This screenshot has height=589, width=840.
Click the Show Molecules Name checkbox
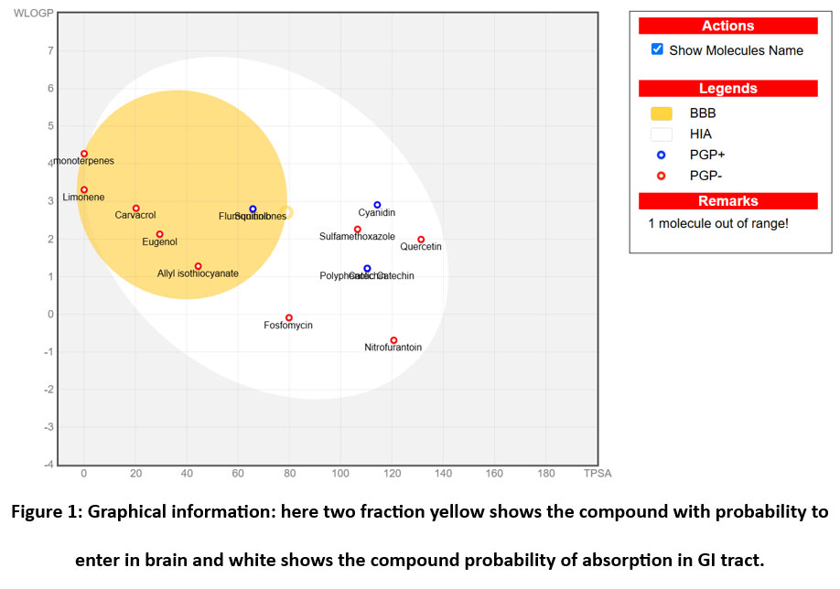[657, 49]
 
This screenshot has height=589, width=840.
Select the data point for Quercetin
[421, 240]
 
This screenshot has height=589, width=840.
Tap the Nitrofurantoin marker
[393, 340]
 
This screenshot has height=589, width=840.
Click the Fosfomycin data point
[289, 318]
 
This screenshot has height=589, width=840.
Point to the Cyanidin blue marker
[377, 205]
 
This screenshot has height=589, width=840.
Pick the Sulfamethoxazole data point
[358, 230]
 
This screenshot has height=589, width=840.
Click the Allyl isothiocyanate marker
[198, 266]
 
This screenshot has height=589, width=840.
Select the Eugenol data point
[159, 234]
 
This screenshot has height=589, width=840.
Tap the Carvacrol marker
[136, 209]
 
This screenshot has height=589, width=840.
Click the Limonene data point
[84, 190]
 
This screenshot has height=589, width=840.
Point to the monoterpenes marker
[84, 154]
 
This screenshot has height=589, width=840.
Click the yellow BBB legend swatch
[661, 113]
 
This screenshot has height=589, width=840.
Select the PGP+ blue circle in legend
[661, 155]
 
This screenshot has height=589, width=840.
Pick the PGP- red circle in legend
[661, 175]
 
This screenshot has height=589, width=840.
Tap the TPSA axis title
[597, 474]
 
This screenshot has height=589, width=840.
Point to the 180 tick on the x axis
[546, 474]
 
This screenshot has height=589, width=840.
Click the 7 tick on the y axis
[50, 50]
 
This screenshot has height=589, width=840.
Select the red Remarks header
[727, 201]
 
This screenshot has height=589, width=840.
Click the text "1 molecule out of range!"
[717, 223]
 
